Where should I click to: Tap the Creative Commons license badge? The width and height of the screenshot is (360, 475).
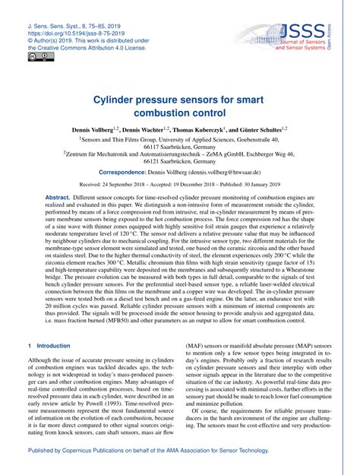[37, 55]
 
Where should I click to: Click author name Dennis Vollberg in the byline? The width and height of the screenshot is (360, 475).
[93, 130]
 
